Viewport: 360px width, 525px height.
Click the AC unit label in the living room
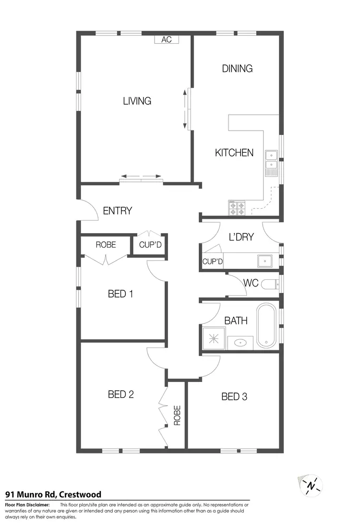[x=167, y=40]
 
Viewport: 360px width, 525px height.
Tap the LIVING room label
[x=137, y=101]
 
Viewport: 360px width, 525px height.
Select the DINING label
[x=237, y=69]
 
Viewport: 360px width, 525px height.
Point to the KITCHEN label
[x=234, y=153]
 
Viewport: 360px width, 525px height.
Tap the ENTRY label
[x=118, y=211]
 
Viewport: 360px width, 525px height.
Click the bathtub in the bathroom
[x=266, y=325]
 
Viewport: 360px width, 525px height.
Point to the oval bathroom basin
[x=240, y=343]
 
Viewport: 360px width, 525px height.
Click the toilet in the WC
[x=270, y=284]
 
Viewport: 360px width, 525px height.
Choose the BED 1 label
[x=120, y=294]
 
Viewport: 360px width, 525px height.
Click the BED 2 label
[x=120, y=394]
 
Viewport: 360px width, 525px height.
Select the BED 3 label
[x=234, y=397]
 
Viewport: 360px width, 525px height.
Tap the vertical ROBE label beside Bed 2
[x=177, y=416]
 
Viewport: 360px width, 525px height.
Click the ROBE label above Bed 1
[x=106, y=244]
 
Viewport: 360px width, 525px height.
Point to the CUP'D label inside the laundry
[x=213, y=262]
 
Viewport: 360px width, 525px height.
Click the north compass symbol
[x=311, y=486]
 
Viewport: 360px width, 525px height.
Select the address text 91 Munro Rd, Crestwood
[x=53, y=494]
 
